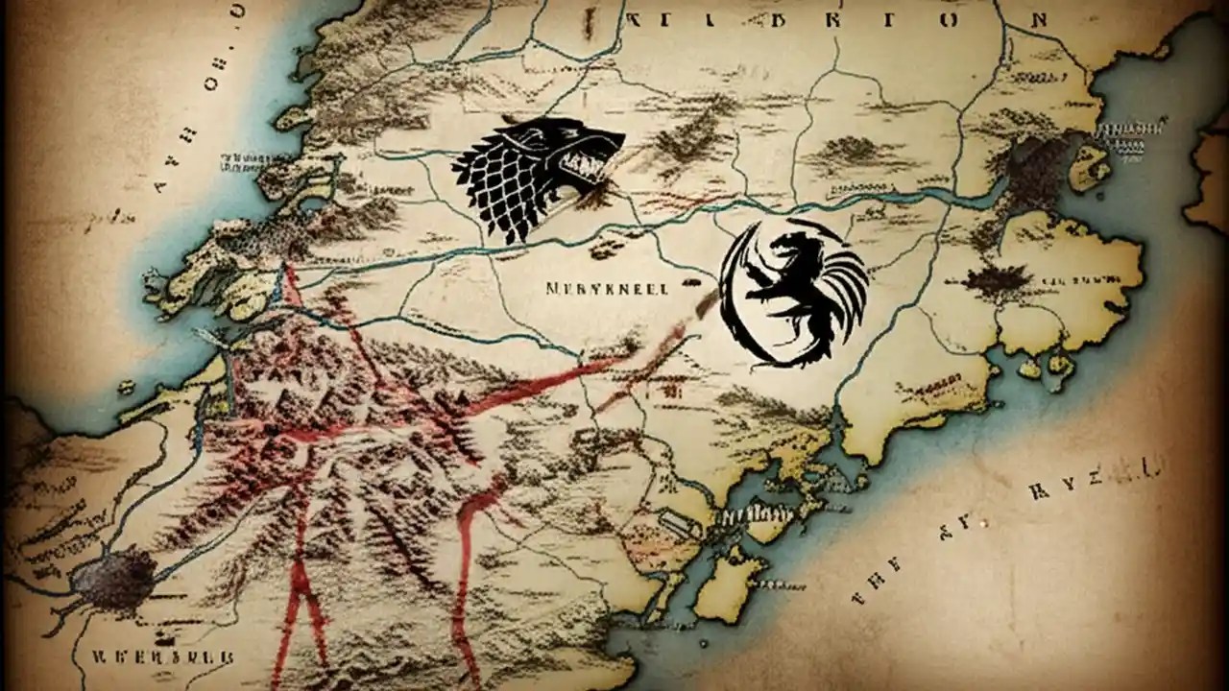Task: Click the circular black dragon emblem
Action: point(792,293)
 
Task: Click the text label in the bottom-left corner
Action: point(162,658)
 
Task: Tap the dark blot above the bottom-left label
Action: point(113,580)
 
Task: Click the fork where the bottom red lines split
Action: point(305,576)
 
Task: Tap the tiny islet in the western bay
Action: point(126,387)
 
